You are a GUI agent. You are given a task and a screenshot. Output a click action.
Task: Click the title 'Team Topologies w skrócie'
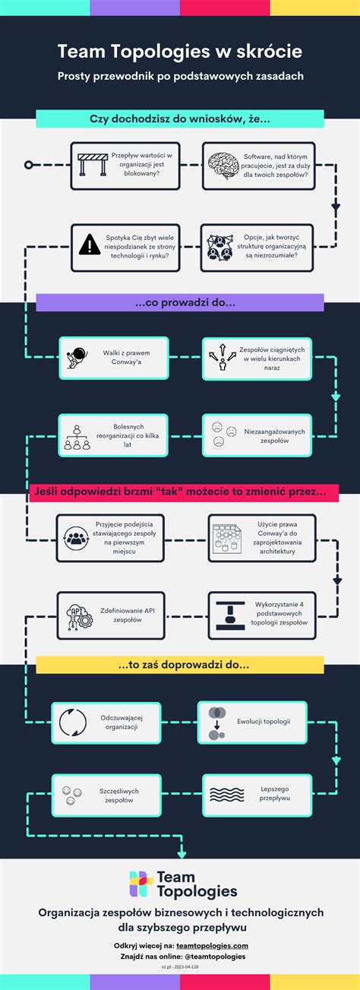coord(180,51)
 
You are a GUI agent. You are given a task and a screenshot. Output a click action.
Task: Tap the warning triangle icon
coord(90,245)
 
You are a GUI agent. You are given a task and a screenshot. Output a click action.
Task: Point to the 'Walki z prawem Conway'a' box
coord(113,358)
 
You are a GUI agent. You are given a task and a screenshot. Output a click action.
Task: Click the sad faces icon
coord(218,434)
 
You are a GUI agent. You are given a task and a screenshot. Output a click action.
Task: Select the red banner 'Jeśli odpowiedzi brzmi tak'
coord(181,492)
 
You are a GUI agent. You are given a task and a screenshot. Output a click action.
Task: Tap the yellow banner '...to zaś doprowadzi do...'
coord(180,665)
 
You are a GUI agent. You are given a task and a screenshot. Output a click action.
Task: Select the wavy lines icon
coord(226,795)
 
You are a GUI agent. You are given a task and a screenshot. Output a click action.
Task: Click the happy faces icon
coord(69,795)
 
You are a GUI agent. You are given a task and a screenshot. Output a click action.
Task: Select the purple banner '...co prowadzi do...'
coord(180,302)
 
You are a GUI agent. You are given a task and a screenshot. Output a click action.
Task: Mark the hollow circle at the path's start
coord(28,164)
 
